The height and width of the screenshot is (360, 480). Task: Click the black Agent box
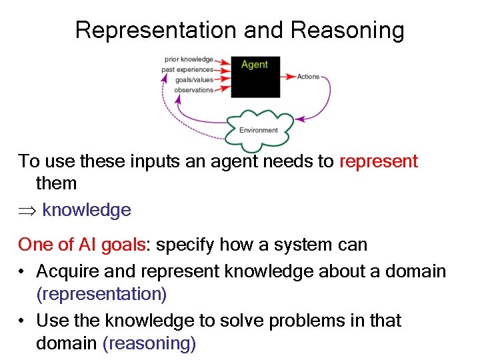pos(255,77)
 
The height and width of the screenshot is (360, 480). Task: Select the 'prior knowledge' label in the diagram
pos(189,59)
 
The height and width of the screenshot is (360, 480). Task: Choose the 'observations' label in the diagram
pos(193,89)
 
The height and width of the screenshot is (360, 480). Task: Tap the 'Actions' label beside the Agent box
pos(308,77)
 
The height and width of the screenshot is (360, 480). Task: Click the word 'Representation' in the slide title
pos(155,30)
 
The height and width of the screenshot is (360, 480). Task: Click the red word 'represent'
pos(379,161)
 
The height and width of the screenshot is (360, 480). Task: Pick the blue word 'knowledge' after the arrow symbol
pos(87,210)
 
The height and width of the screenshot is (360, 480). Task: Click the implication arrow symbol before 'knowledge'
pos(27,211)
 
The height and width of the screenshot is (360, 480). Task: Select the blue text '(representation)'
pos(101,293)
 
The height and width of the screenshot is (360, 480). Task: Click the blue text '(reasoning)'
pos(149,343)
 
